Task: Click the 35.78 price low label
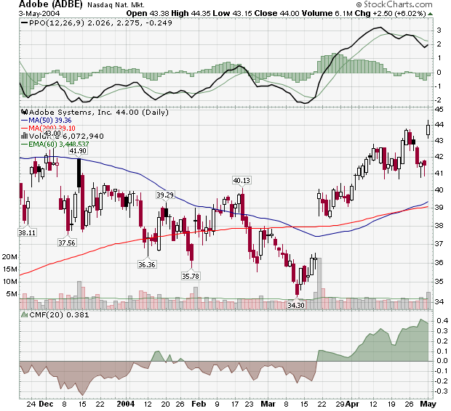click(191, 275)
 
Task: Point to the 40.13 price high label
click(242, 180)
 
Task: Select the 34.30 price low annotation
click(296, 306)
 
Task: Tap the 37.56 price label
click(66, 243)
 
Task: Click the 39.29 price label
click(165, 195)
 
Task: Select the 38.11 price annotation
click(27, 232)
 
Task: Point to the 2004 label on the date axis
click(126, 403)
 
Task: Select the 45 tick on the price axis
click(439, 109)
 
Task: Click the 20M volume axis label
click(10, 257)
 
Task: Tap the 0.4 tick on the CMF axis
click(441, 320)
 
